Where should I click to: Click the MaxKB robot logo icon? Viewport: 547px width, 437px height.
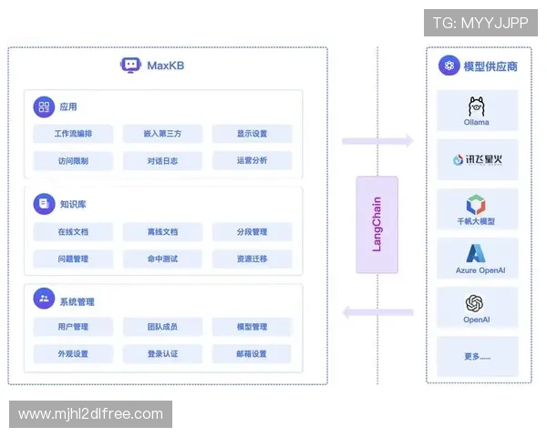(130, 66)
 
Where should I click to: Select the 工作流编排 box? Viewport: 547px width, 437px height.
(73, 134)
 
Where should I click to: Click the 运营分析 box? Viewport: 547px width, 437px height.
(252, 161)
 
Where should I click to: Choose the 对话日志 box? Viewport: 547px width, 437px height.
(162, 161)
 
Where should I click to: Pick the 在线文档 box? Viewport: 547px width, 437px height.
(73, 232)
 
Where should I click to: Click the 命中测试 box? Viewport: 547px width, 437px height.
(162, 259)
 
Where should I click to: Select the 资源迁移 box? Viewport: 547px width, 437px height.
(252, 259)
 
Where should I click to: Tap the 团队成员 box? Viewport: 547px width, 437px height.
(162, 327)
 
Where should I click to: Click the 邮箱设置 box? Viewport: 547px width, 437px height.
(252, 354)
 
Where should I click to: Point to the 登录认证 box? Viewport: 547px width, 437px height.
(162, 354)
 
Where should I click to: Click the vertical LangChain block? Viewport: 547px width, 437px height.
(377, 225)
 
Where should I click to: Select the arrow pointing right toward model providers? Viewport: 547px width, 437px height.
(377, 141)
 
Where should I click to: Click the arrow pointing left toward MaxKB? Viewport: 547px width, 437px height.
(377, 312)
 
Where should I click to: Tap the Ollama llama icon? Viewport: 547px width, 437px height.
(476, 105)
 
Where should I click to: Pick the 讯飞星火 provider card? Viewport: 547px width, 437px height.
(477, 159)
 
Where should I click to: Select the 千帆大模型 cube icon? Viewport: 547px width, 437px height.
(476, 204)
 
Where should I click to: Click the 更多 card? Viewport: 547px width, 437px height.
(477, 356)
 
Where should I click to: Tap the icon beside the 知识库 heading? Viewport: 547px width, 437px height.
(44, 204)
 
